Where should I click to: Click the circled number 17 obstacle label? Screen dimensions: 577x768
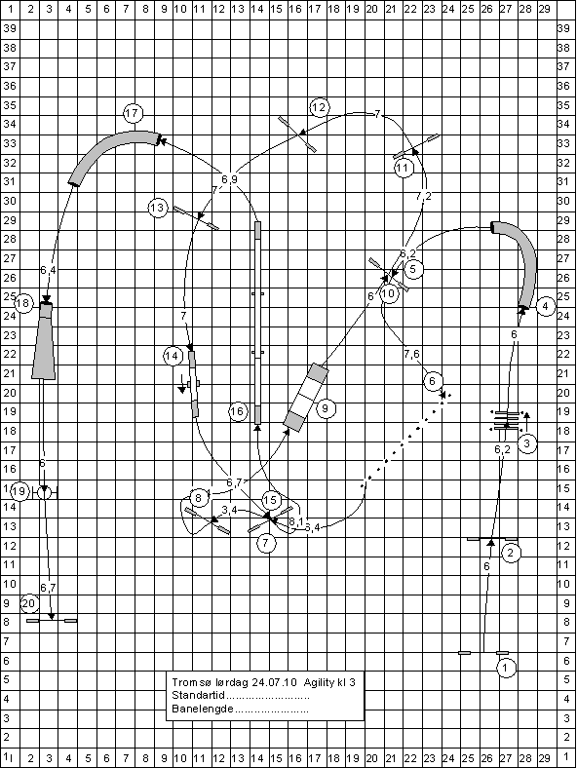(x=133, y=114)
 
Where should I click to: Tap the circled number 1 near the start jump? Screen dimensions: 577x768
(x=506, y=668)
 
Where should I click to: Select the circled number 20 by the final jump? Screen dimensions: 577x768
(x=29, y=603)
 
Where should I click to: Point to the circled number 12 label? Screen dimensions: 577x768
(x=319, y=107)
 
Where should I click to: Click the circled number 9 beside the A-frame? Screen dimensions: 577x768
(x=326, y=408)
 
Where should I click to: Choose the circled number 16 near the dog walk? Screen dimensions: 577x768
(x=238, y=411)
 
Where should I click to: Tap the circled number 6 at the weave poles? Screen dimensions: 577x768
(x=432, y=381)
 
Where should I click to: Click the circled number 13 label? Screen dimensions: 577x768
(x=157, y=209)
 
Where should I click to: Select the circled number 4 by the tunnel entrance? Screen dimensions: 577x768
(x=546, y=307)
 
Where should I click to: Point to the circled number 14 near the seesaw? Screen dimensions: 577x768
(x=173, y=356)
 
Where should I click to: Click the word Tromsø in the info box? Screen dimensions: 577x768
(x=186, y=682)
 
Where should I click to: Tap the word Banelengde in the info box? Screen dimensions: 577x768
(x=203, y=709)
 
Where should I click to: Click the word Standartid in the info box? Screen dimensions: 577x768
(x=198, y=695)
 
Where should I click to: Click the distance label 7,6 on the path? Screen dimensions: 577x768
(x=411, y=354)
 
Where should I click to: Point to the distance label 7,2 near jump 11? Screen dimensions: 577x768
(x=424, y=196)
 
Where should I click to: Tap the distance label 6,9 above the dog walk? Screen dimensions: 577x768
(x=229, y=179)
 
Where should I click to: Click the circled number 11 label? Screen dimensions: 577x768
(x=404, y=168)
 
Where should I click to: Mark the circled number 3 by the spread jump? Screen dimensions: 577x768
(x=527, y=443)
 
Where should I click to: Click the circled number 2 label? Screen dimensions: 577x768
(x=511, y=553)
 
